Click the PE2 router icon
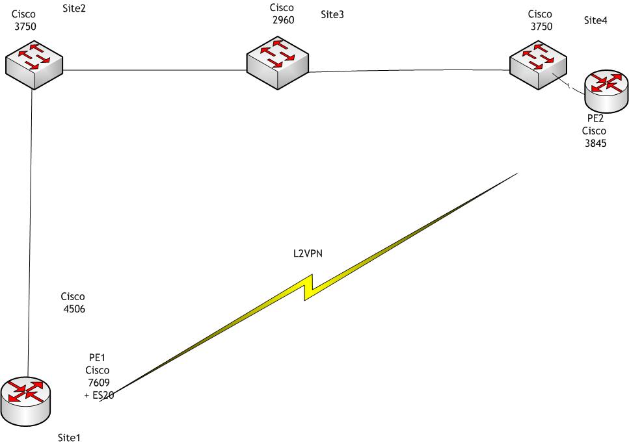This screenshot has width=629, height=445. (x=607, y=90)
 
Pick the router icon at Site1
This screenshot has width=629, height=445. (x=25, y=398)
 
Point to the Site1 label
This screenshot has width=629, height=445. (x=69, y=437)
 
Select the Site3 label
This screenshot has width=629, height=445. (x=332, y=14)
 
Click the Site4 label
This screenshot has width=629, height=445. (x=596, y=21)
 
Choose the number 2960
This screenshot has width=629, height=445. (x=284, y=20)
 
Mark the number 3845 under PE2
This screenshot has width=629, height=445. (x=596, y=144)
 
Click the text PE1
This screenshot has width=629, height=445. (x=97, y=358)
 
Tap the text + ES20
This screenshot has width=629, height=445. (x=100, y=394)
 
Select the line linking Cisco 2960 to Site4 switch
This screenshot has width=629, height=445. (x=410, y=71)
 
